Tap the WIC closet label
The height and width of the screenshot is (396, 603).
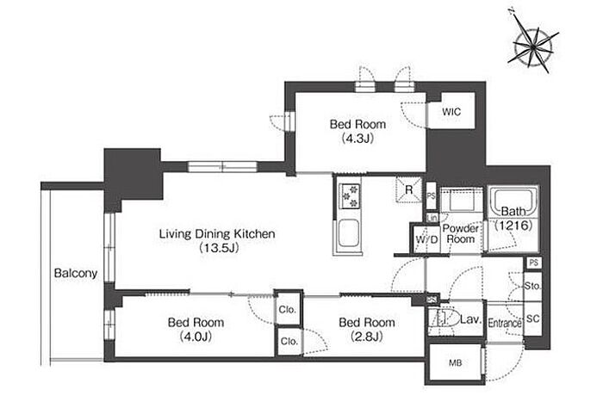(x=451, y=112)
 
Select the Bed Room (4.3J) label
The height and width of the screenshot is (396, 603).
(x=357, y=131)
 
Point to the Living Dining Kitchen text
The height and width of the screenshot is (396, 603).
(x=217, y=234)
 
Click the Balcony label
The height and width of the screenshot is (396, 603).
(x=76, y=274)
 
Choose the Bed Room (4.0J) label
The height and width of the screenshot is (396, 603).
(x=196, y=330)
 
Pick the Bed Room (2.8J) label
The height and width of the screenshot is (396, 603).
(x=366, y=330)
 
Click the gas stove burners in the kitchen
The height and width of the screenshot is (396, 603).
(x=350, y=196)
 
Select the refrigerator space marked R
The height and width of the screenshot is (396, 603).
(x=409, y=189)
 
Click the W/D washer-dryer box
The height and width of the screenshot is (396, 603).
(x=426, y=239)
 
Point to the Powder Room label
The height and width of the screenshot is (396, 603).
(x=460, y=234)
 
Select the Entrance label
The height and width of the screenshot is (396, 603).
(x=505, y=323)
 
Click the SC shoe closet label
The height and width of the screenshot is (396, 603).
(x=532, y=319)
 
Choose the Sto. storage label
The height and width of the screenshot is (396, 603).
(x=532, y=286)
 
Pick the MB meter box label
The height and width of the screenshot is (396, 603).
(x=455, y=363)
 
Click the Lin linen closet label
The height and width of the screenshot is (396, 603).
(x=432, y=218)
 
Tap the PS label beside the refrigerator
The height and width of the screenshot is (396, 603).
(x=431, y=195)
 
